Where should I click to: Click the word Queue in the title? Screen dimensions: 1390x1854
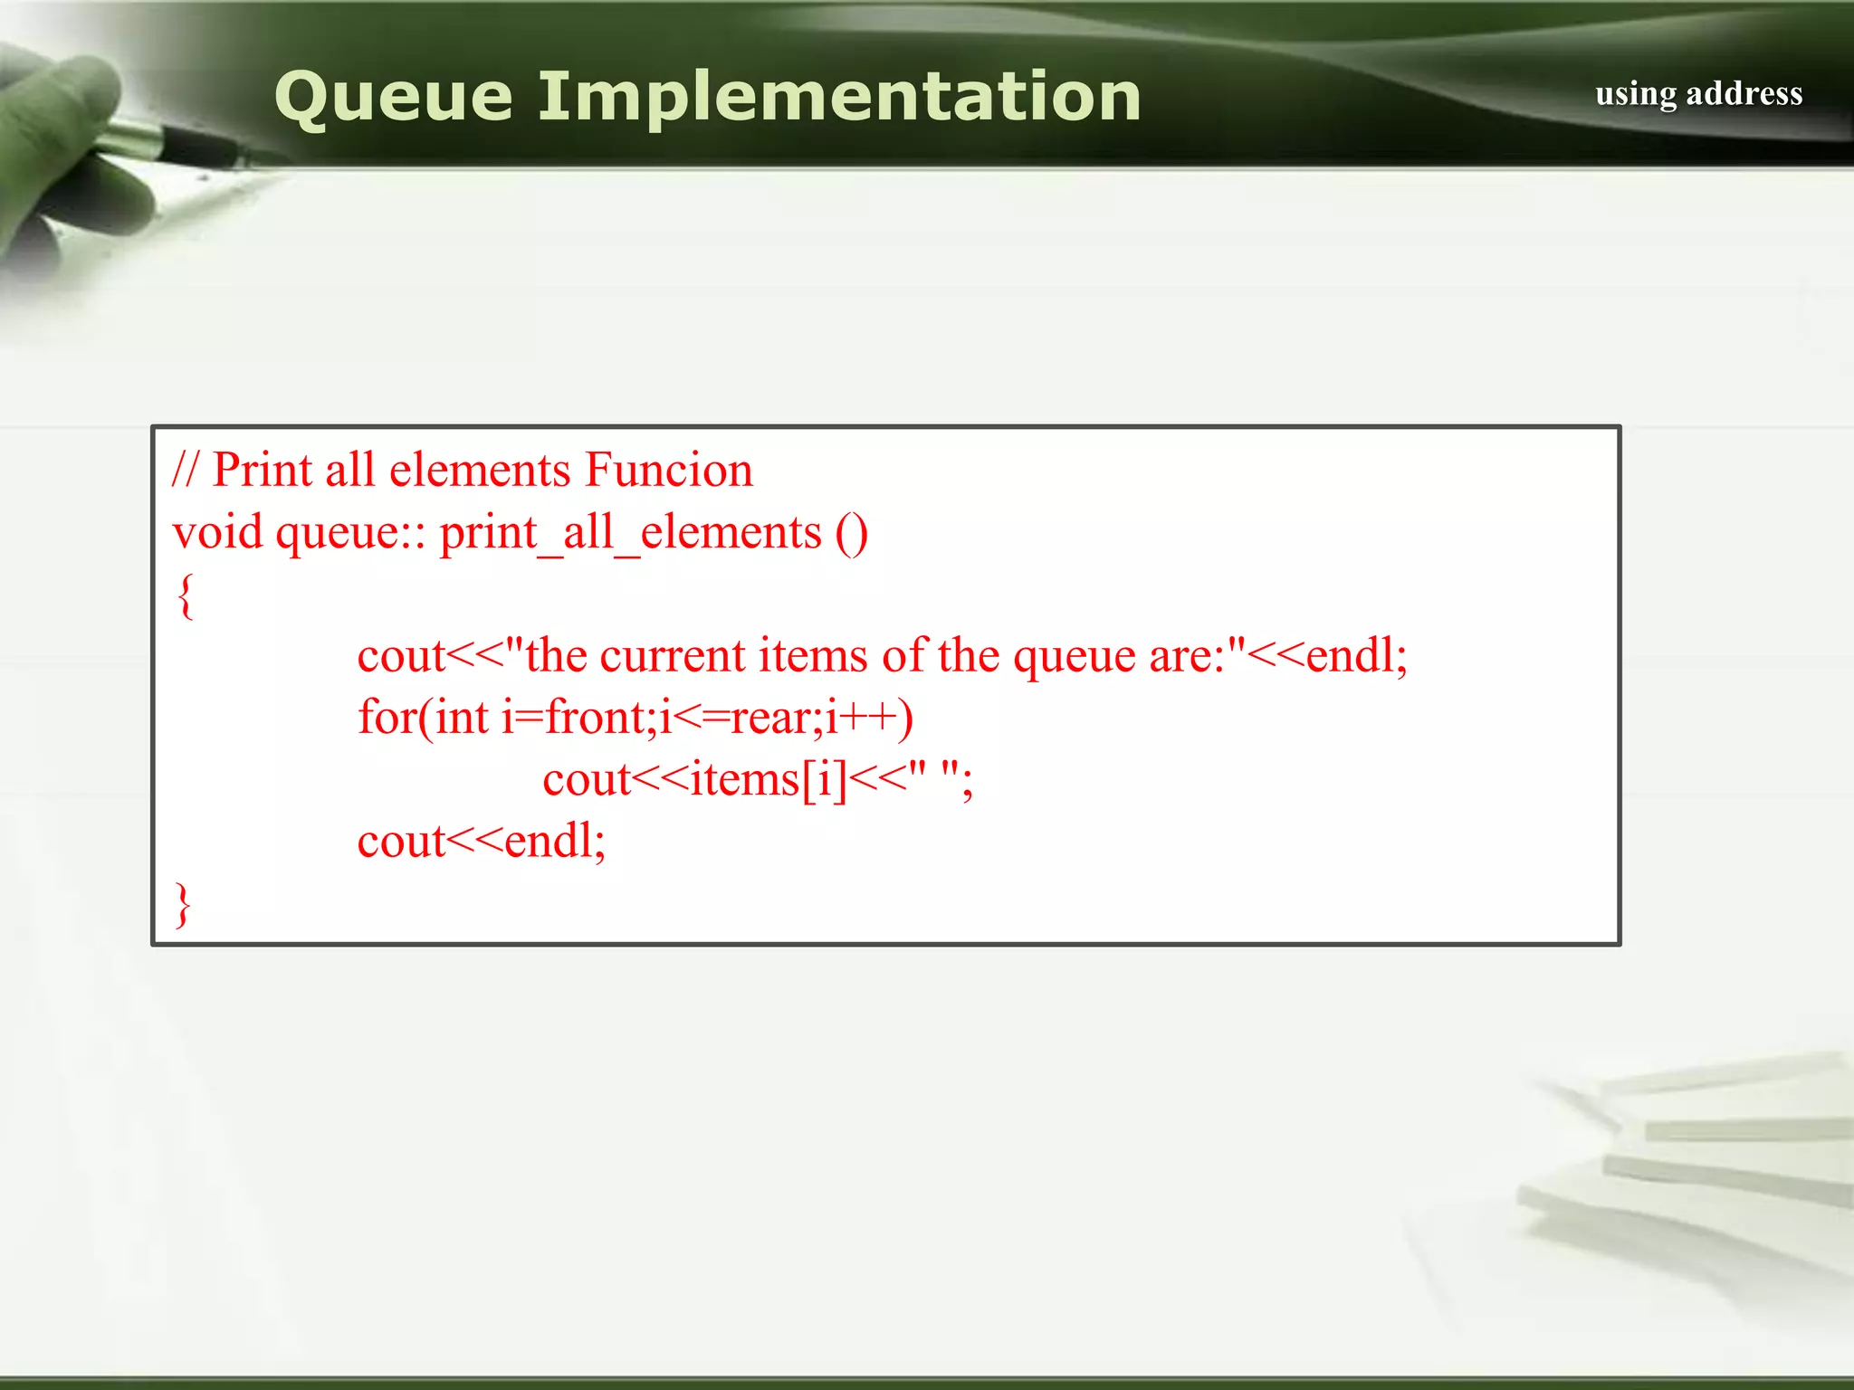pyautogui.click(x=393, y=98)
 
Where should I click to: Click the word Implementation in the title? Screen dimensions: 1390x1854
pyautogui.click(x=838, y=98)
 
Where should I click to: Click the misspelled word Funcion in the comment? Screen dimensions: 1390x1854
pyautogui.click(x=668, y=471)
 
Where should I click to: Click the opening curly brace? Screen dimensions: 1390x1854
pyautogui.click(x=186, y=596)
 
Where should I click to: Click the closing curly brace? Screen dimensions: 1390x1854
pyautogui.click(x=184, y=904)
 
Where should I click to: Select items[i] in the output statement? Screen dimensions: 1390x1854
pyautogui.click(x=768, y=780)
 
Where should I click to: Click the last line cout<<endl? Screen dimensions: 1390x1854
pyautogui.click(x=481, y=842)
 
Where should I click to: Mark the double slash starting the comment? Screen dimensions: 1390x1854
pyautogui.click(x=185, y=471)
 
